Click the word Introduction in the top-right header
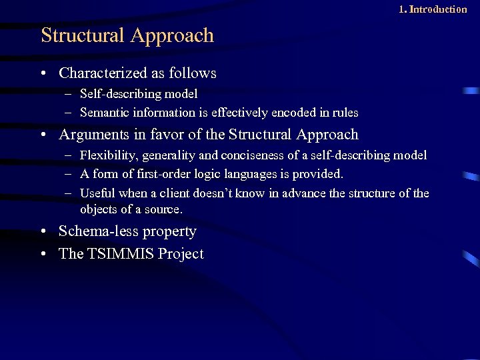(438, 9)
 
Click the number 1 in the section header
(402, 9)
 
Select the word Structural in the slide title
(83, 35)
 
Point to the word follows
(193, 73)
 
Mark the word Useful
(97, 193)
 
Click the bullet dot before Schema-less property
(43, 232)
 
